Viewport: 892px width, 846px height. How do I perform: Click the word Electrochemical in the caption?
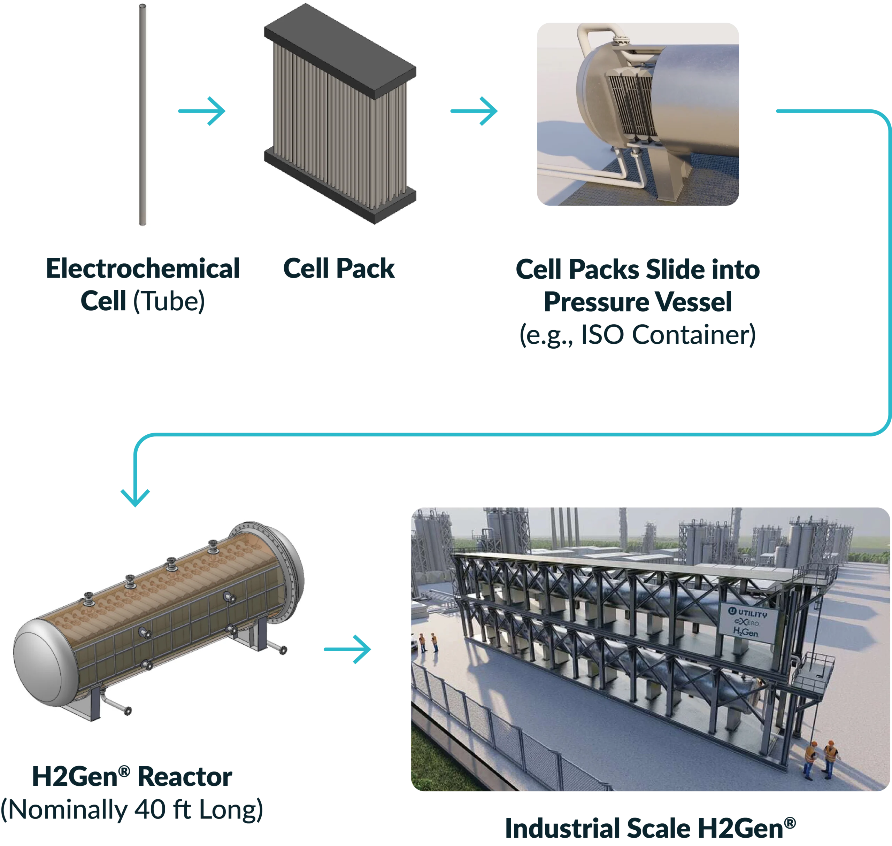click(x=142, y=268)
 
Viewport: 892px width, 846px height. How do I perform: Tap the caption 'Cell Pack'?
click(x=339, y=268)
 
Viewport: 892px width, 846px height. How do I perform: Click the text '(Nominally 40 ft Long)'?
click(x=132, y=810)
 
